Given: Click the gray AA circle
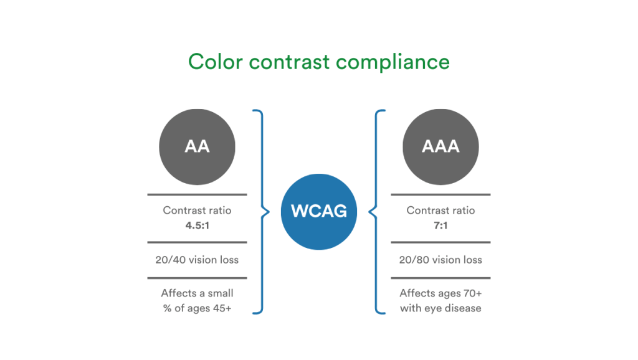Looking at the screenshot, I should tap(197, 146).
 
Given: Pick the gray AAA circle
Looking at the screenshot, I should tap(440, 146).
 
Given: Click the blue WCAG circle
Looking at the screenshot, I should tap(319, 211).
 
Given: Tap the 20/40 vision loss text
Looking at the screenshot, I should tap(197, 260).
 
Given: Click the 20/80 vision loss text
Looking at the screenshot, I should tap(440, 260).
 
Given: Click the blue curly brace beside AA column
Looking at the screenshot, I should tap(262, 212).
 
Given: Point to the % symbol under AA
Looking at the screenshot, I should tap(167, 308).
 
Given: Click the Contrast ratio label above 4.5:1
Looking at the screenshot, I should tap(197, 211).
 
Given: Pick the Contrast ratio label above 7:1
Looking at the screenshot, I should tap(440, 211).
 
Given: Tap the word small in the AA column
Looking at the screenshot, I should tap(219, 293).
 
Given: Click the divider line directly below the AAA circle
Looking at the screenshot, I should tap(440, 195).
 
